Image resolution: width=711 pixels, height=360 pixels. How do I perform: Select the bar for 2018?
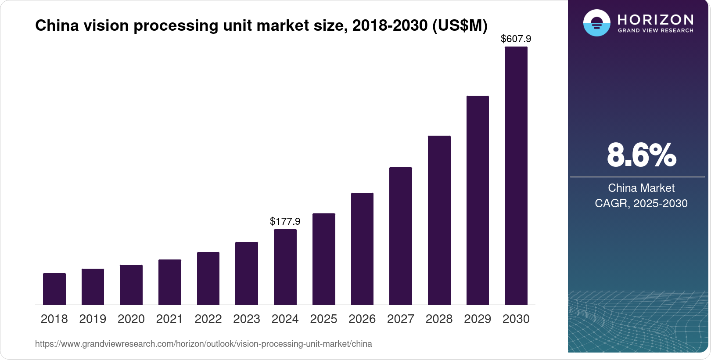[54, 289]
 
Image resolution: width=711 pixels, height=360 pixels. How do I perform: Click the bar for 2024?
[285, 267]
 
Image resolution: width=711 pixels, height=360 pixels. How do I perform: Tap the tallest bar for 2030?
[516, 176]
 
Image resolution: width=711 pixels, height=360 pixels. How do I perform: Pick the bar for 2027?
[401, 236]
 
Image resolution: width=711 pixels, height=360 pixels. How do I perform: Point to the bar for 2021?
[170, 282]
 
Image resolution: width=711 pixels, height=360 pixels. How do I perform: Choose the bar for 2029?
[478, 200]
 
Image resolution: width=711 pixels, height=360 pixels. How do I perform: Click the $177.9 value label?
[285, 221]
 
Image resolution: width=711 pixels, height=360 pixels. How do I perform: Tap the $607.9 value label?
[516, 39]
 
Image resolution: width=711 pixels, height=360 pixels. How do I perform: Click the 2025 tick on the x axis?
[323, 319]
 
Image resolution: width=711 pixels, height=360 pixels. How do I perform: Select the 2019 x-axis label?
[93, 319]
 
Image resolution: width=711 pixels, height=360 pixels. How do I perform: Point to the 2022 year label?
[208, 319]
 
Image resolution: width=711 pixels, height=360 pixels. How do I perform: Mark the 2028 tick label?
[439, 319]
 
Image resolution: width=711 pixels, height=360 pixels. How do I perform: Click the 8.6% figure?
[641, 155]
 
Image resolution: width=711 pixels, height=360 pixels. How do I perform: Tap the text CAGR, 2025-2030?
[641, 204]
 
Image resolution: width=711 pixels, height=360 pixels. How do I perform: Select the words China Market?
[641, 188]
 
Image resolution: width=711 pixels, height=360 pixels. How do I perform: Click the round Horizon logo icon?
[596, 23]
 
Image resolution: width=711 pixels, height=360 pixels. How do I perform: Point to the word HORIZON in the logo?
[656, 20]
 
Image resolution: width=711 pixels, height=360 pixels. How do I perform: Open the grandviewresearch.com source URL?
[204, 344]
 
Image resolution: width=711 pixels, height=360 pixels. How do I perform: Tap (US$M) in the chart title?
[460, 26]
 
